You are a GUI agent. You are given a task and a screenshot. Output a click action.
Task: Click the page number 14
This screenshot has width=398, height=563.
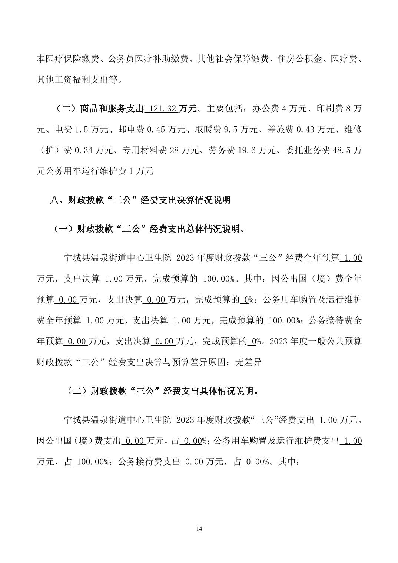coord(199,528)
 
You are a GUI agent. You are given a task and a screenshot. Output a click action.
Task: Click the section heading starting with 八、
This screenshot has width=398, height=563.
coord(140,200)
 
